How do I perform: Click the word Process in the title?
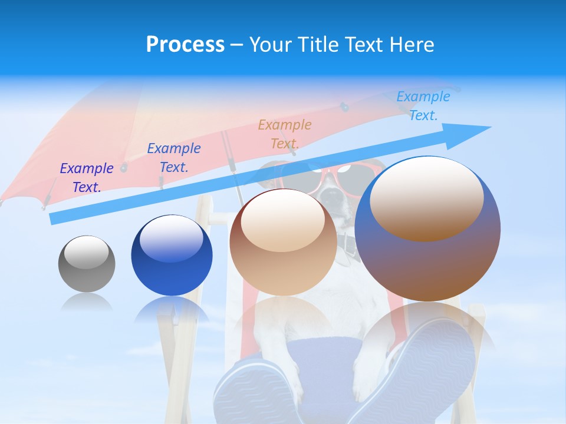pos(185,45)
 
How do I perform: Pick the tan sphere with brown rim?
pos(283,247)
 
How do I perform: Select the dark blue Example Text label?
pos(174,158)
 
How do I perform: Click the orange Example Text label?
pos(285,134)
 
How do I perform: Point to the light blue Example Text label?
pos(423,106)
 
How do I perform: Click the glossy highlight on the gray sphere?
pos(86,251)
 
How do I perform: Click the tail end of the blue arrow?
pos(55,218)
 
